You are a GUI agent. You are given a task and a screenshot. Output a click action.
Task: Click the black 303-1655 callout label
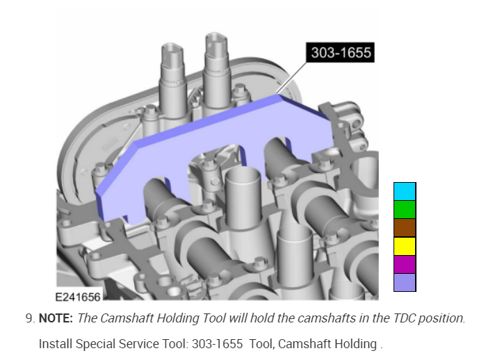340,52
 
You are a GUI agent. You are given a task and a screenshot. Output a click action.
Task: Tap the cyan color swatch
405,191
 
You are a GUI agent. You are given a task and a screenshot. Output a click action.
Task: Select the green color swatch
405,209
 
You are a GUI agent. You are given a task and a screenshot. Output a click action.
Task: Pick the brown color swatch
405,228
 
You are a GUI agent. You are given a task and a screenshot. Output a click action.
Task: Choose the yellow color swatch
405,246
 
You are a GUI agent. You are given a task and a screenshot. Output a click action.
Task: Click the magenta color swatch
405,264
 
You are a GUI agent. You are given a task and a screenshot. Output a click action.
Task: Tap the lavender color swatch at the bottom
405,282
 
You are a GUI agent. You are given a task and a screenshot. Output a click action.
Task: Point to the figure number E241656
78,297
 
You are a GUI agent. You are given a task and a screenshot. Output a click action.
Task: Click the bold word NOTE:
56,318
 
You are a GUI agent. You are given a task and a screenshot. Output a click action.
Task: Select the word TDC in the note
404,318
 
